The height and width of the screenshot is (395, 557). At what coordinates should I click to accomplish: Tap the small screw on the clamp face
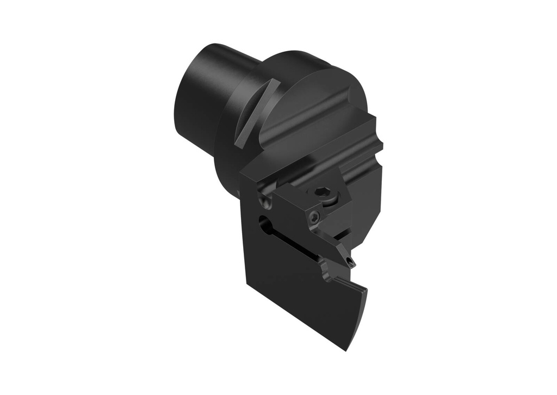click(314, 218)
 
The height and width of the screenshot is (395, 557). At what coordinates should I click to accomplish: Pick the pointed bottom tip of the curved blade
click(346, 349)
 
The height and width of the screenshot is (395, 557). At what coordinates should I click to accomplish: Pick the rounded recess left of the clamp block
click(264, 202)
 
